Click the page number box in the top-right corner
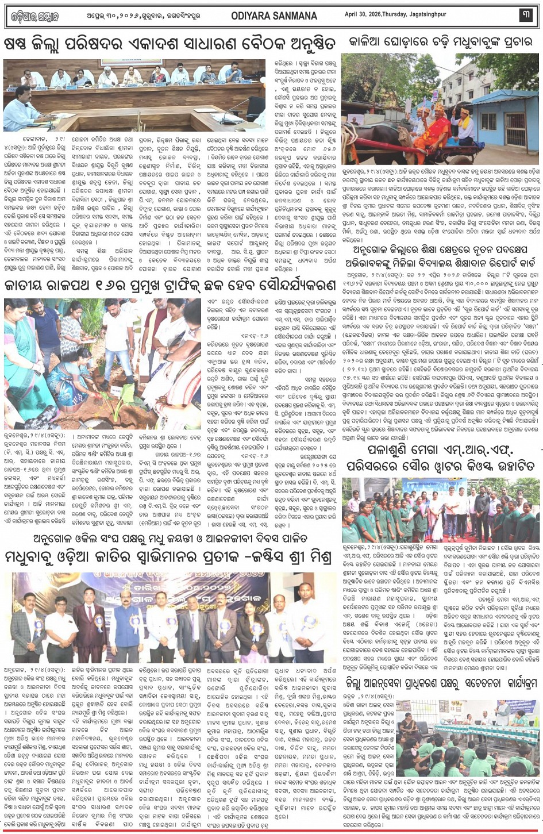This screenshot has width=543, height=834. (x=526, y=16)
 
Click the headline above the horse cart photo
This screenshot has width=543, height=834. (x=440, y=42)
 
